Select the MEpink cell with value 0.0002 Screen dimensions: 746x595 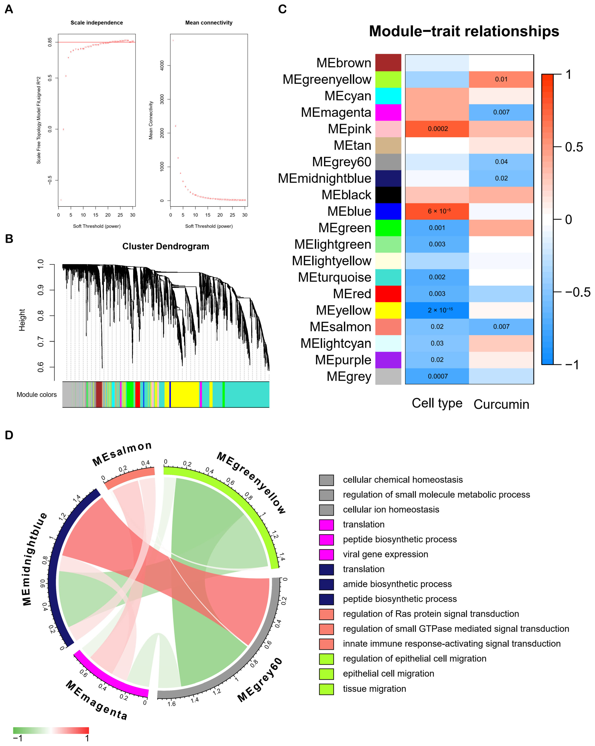tap(438, 129)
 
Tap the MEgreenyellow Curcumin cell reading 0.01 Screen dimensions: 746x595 tap(501, 79)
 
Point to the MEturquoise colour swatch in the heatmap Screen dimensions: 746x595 tap(388, 277)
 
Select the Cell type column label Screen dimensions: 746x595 tap(437, 403)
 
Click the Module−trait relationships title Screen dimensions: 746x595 tap(464, 31)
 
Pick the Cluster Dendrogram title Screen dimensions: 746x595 tap(166, 246)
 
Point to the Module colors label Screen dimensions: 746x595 tap(37, 394)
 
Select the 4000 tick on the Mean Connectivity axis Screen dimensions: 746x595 tap(162, 65)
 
